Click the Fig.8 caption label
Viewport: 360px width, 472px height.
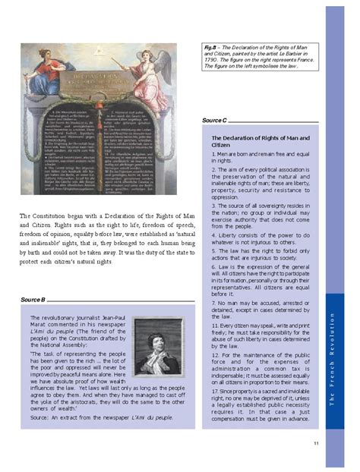[210, 47]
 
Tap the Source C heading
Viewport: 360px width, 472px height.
[215, 121]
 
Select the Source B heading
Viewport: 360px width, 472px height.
[33, 301]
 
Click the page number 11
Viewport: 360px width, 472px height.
[315, 443]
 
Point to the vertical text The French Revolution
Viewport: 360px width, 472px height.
[331, 357]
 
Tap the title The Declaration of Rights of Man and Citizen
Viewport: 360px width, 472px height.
[258, 141]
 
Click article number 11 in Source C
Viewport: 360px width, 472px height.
[215, 325]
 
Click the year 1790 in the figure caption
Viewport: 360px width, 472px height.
[212, 60]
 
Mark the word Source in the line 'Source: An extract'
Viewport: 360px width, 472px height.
[39, 417]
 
